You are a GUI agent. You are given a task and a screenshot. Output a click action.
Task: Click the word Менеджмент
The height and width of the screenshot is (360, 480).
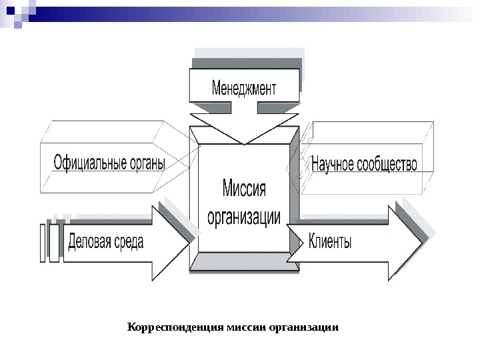(243, 88)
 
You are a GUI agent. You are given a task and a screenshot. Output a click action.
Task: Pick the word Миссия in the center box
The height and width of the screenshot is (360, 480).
(243, 189)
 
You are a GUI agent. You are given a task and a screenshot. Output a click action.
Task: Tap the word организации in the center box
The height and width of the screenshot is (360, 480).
(244, 217)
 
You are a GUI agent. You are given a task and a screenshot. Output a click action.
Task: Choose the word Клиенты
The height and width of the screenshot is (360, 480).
(330, 242)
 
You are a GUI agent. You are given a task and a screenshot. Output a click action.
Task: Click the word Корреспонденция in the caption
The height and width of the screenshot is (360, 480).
(175, 328)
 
